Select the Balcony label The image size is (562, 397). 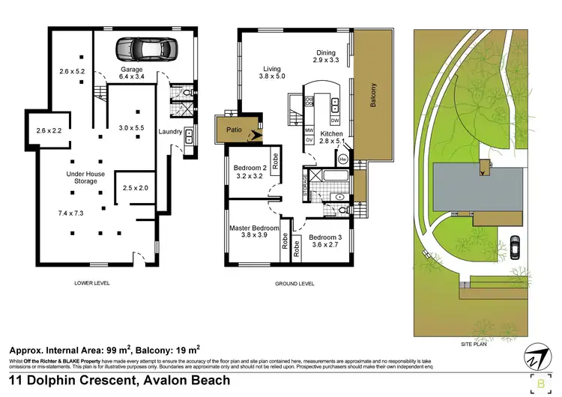[373, 99]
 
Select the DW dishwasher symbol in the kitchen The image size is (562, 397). [334, 121]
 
